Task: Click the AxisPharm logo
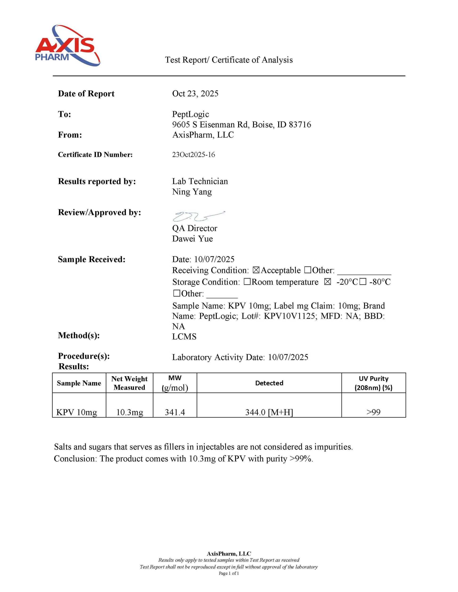[x=68, y=46]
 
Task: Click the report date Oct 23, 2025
[x=195, y=94]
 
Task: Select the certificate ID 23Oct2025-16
[x=193, y=154]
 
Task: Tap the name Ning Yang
[x=192, y=192]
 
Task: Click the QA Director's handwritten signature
[x=198, y=216]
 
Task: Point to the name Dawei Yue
[x=192, y=239]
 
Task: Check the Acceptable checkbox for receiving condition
[x=256, y=270]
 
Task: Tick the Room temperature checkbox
[x=247, y=282]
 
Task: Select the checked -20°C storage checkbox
[x=327, y=282]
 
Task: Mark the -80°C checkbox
[x=363, y=282]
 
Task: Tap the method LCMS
[x=184, y=336]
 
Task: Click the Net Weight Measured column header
[x=129, y=383]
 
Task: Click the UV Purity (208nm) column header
[x=374, y=383]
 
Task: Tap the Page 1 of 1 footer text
[x=229, y=573]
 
